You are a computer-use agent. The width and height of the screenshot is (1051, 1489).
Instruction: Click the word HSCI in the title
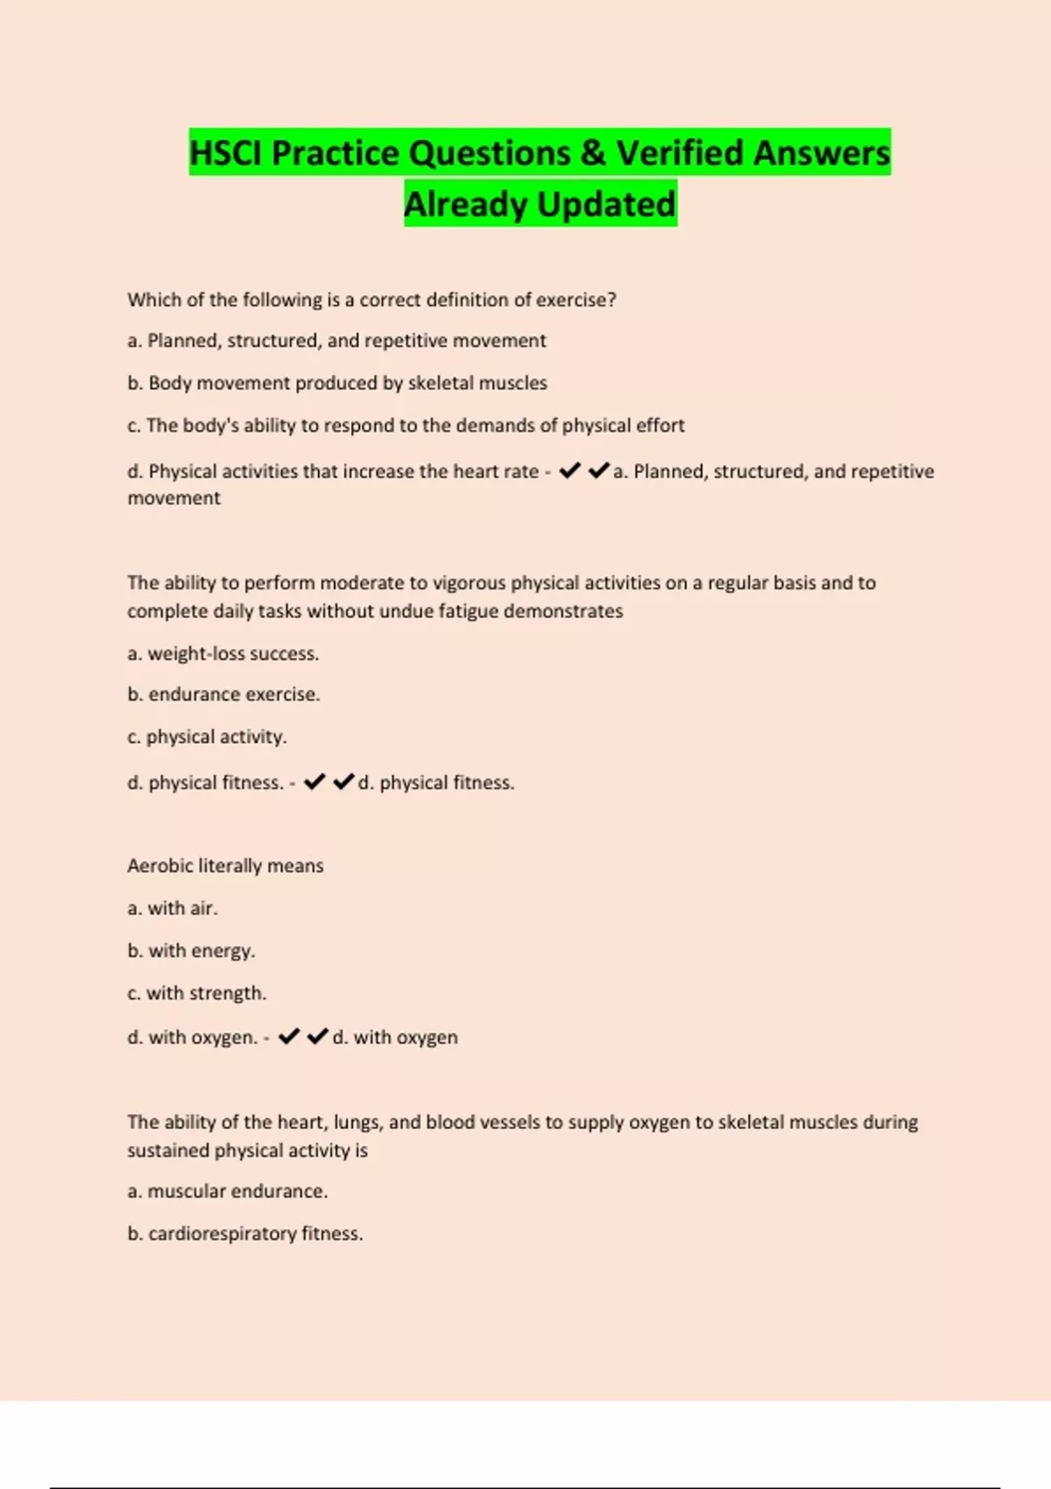[x=227, y=153]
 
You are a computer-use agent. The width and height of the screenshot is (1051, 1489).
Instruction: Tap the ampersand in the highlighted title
[x=593, y=153]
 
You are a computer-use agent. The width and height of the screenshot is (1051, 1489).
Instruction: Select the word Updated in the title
[x=606, y=205]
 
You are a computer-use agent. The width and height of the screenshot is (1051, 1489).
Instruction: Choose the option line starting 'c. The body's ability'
[x=406, y=426]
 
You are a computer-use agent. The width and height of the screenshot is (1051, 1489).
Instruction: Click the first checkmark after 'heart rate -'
[x=569, y=471]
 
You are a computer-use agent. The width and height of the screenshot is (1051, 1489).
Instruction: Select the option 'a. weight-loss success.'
[x=223, y=653]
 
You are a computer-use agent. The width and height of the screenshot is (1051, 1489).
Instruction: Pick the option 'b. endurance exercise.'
[x=223, y=695]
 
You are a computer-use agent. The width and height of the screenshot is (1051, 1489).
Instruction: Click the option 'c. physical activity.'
[x=207, y=737]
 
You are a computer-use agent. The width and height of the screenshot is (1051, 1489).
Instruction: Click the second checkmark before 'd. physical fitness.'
[x=344, y=781]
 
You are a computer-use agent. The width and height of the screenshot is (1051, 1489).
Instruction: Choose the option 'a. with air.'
[x=173, y=908]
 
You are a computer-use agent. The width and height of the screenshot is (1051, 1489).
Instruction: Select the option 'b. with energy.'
[x=191, y=951]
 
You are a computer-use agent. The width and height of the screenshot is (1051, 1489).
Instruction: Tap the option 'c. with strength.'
[x=197, y=993]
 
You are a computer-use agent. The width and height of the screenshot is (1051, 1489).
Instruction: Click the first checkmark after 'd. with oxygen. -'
[x=289, y=1037]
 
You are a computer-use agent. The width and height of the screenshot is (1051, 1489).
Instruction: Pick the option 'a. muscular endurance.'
[x=228, y=1191]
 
